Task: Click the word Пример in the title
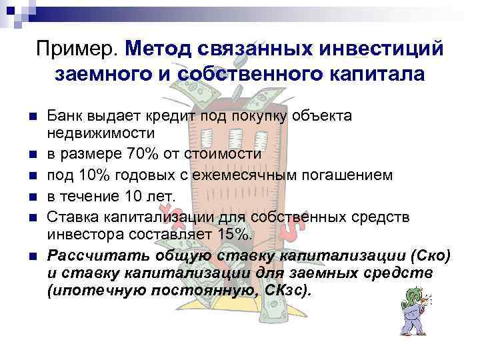(77, 49)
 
